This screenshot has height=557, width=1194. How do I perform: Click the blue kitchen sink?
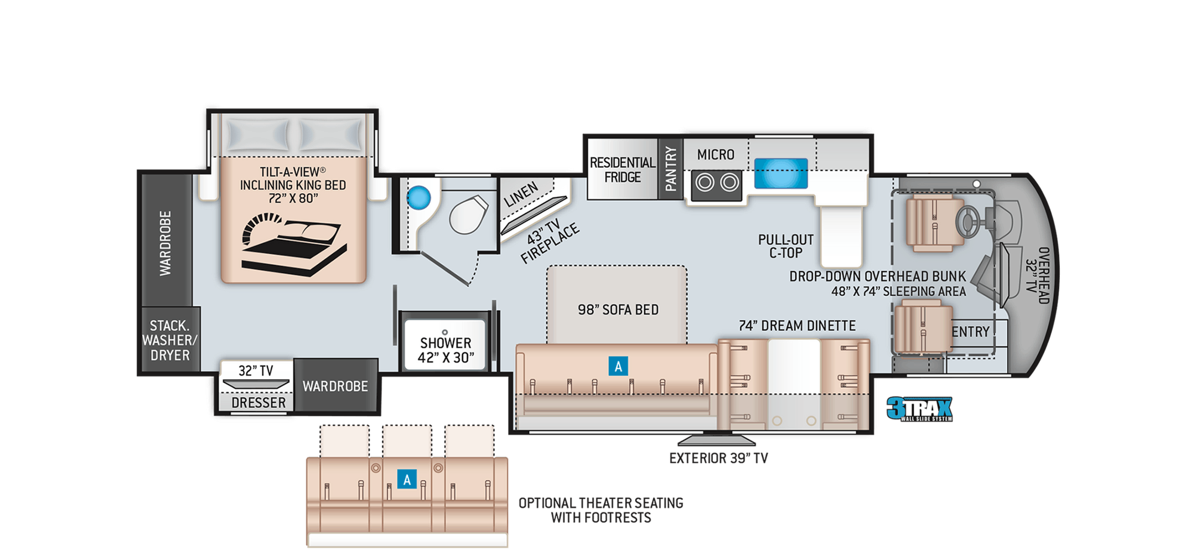781,174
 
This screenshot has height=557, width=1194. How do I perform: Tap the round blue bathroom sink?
418,197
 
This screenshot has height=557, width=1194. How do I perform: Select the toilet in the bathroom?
469,215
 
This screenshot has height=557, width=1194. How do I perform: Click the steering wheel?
970,221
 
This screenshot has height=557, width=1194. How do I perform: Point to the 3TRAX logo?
919,409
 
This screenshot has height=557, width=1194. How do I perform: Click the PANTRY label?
670,169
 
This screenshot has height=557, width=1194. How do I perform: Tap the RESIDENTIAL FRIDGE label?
622,170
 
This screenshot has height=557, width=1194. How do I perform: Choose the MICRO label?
716,154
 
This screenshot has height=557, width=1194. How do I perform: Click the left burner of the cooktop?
704,182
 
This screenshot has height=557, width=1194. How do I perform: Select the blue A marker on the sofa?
618,366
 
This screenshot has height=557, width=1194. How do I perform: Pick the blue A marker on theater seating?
407,479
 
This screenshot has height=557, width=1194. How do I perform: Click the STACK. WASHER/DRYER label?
170,340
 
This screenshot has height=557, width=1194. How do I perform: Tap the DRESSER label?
259,403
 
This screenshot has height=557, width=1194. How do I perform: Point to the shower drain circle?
445,332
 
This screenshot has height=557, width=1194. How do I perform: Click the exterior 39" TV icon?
716,440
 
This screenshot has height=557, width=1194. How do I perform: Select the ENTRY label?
971,332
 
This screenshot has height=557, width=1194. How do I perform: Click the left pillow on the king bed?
258,134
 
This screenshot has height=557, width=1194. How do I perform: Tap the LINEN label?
521,194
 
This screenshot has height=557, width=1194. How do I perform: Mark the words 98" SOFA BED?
618,310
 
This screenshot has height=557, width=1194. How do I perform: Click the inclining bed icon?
294,244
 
